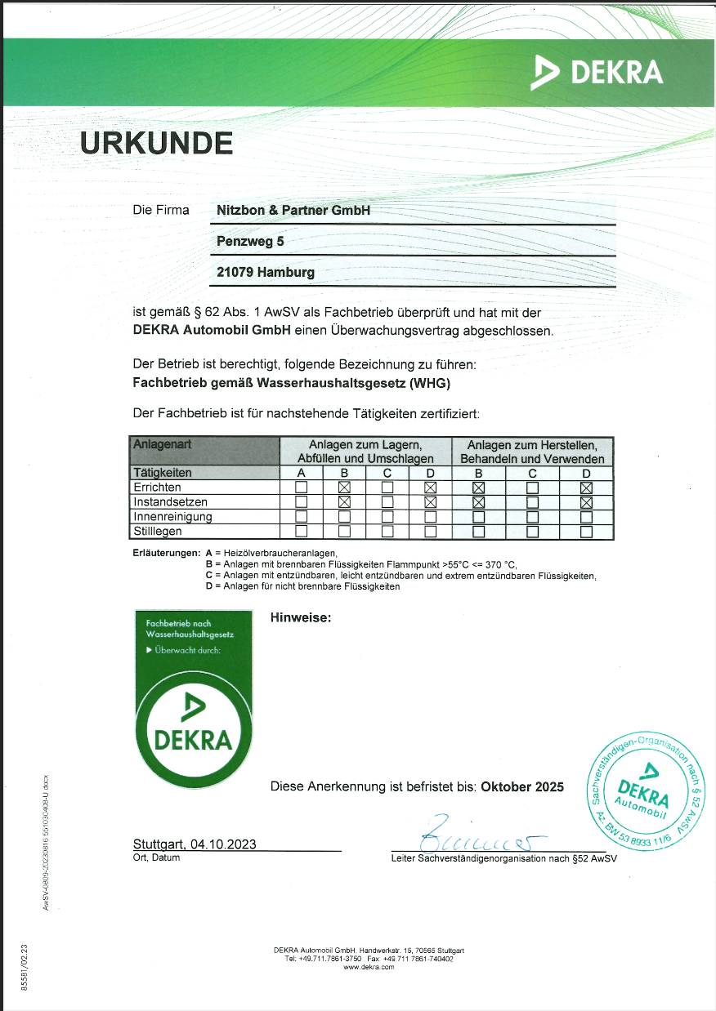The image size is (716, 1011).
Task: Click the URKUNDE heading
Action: [156, 143]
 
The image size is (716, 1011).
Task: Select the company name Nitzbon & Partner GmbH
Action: [293, 211]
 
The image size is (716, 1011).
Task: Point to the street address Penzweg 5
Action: [250, 242]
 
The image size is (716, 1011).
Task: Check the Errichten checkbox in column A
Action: [301, 488]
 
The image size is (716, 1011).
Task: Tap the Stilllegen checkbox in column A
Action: [301, 532]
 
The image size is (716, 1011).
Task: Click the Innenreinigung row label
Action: [172, 517]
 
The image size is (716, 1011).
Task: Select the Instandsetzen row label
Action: [170, 502]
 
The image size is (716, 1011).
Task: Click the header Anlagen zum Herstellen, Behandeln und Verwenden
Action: [532, 452]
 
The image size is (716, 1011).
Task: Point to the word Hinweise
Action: [300, 618]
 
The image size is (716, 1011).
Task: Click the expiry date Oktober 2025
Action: [522, 787]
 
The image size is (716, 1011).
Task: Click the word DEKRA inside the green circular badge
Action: [194, 740]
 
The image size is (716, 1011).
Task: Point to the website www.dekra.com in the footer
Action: [369, 967]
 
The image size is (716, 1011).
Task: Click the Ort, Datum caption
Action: [156, 858]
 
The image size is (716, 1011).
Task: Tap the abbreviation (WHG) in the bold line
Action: [431, 382]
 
